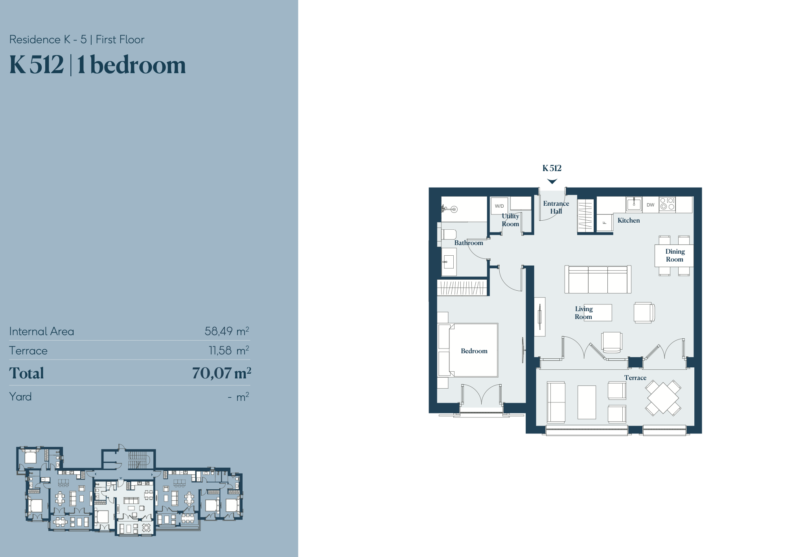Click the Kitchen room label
(628, 220)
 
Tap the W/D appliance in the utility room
(499, 206)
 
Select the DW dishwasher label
(650, 205)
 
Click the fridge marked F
(605, 223)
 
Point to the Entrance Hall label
(556, 207)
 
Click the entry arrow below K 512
(552, 181)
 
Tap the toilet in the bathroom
(448, 235)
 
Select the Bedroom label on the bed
(474, 351)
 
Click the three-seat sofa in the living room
(598, 279)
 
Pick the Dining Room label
(675, 255)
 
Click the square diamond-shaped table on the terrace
(663, 397)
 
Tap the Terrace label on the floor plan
(635, 378)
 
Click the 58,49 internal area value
(219, 331)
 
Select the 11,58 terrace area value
(220, 350)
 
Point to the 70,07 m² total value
(221, 373)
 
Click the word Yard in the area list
(20, 397)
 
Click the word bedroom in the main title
(138, 65)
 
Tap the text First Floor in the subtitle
(120, 40)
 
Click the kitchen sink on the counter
(634, 205)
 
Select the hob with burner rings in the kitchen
(667, 204)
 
